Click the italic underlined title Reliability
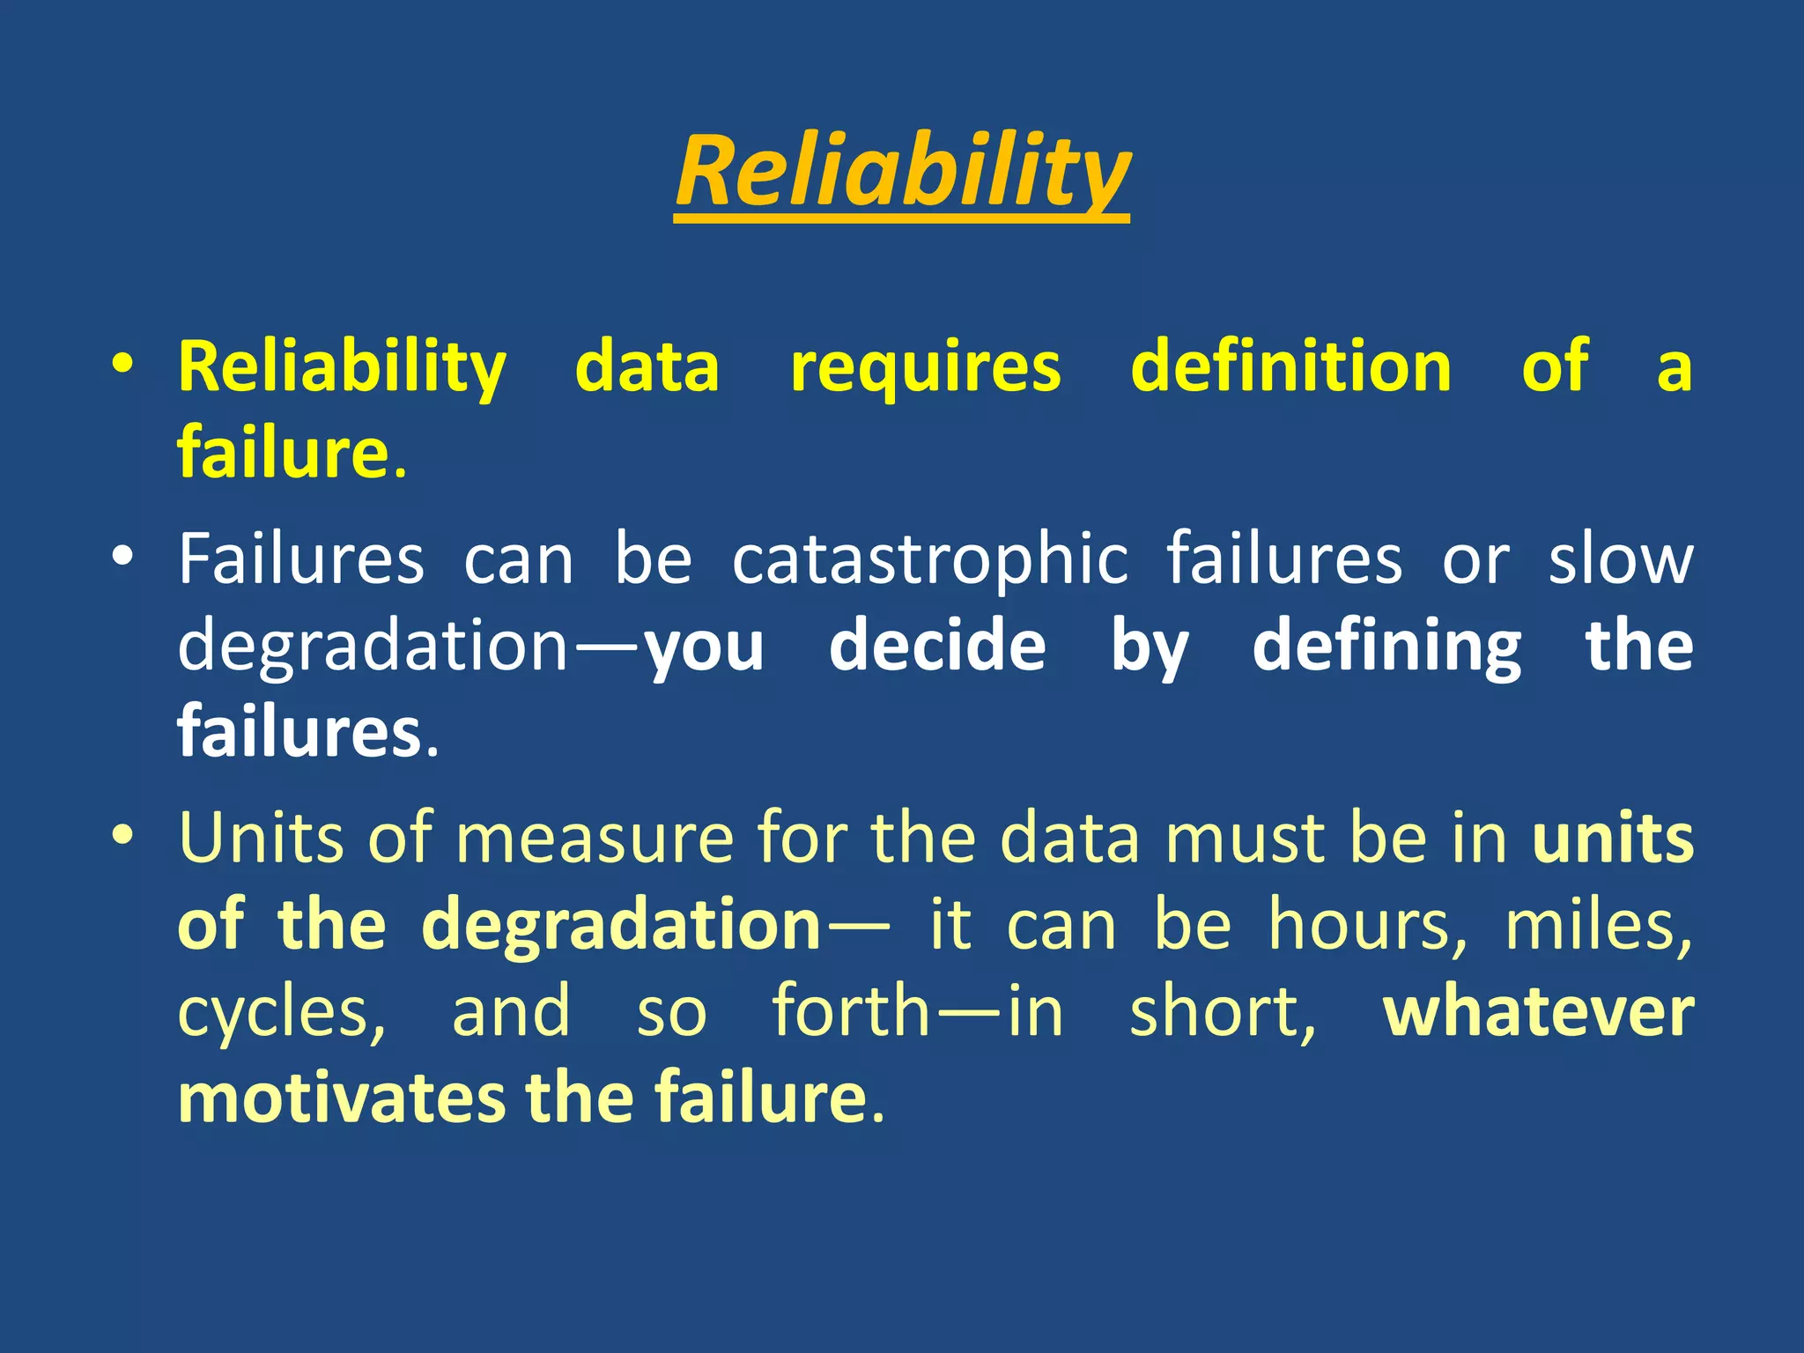[x=902, y=172]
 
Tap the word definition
[x=1290, y=366]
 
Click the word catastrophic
[x=930, y=560]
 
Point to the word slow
[x=1621, y=560]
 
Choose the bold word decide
[x=937, y=647]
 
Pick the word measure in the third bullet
[x=595, y=838]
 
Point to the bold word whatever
[x=1538, y=1012]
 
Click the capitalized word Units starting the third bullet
[x=261, y=838]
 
